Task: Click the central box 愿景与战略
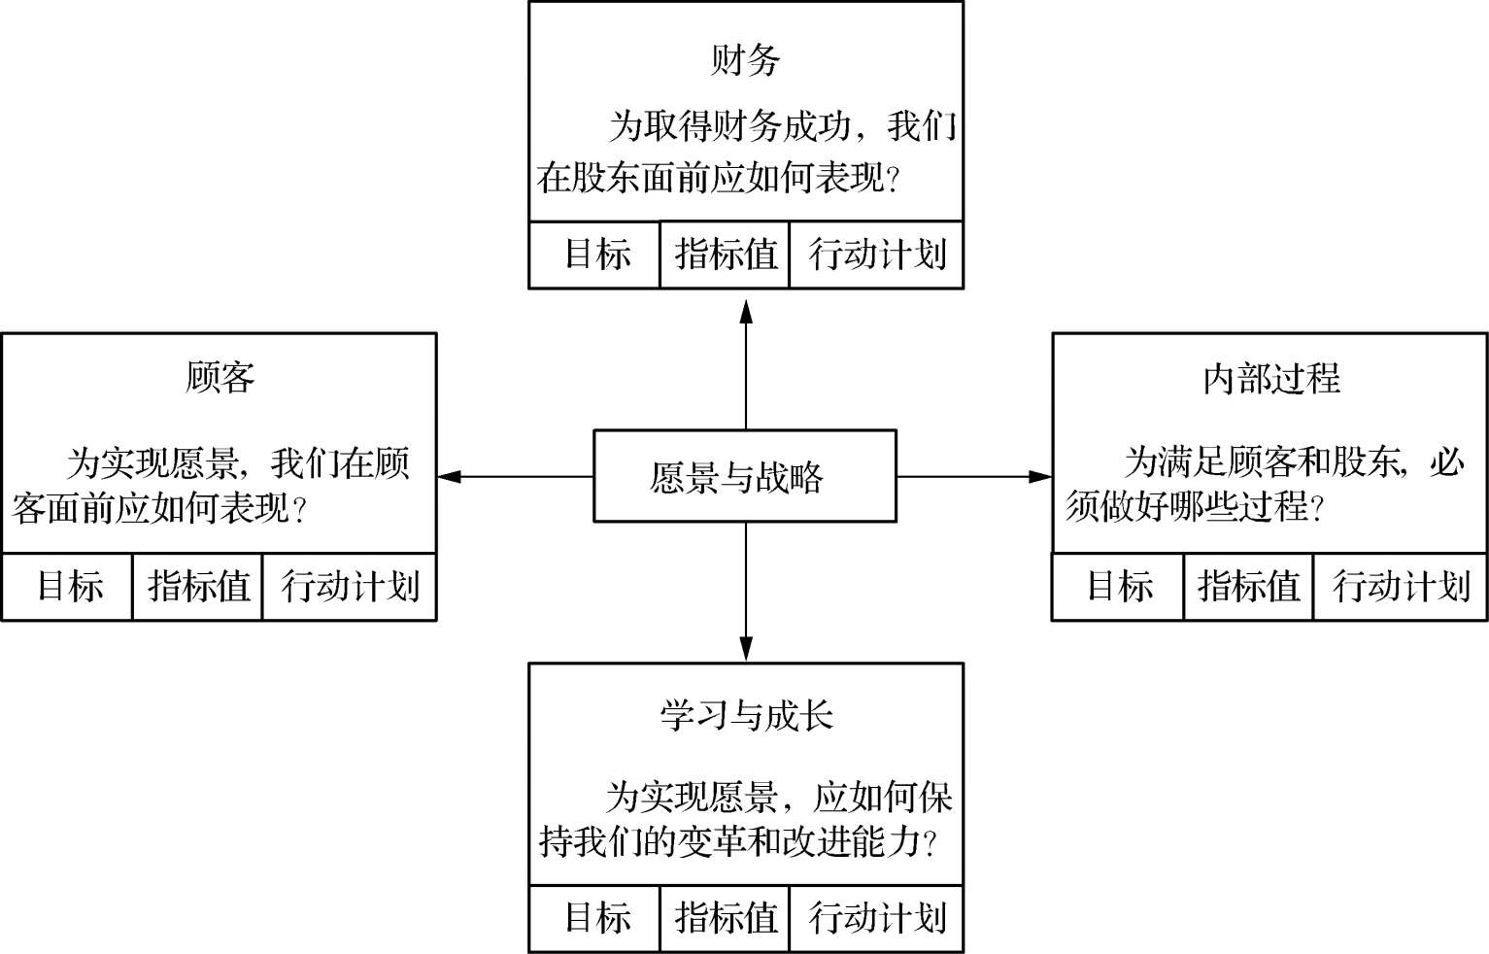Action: (x=744, y=476)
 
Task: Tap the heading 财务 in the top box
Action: (x=745, y=60)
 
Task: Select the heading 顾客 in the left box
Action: (x=220, y=376)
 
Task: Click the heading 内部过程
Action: (x=1270, y=378)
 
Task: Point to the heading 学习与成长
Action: (x=745, y=715)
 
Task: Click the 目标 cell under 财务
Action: (x=594, y=255)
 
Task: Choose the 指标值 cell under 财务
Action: (x=725, y=255)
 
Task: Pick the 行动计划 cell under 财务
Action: (x=876, y=255)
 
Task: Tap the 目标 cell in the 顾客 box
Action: (x=68, y=587)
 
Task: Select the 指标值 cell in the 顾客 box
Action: (x=197, y=587)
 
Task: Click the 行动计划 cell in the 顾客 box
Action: (x=350, y=587)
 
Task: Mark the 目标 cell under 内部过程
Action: (x=1118, y=587)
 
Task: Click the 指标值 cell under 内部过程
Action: (x=1248, y=587)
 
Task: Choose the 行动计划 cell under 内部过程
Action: (x=1400, y=587)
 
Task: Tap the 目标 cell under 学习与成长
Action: (x=594, y=918)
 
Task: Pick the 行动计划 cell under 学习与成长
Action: (x=876, y=918)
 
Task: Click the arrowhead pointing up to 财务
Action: (x=746, y=309)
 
